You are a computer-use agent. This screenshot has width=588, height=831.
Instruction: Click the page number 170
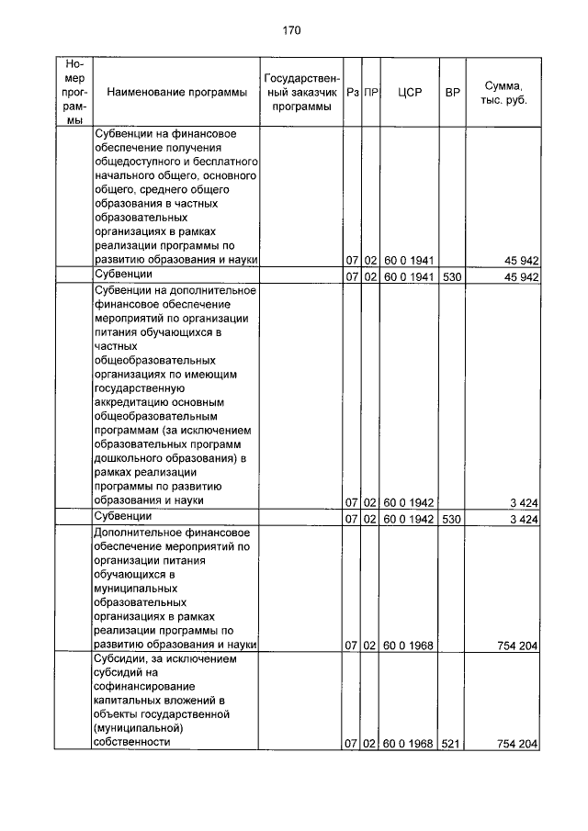(x=292, y=30)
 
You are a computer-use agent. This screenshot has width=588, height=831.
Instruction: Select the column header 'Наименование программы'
(x=176, y=93)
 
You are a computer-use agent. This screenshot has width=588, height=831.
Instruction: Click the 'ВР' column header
(x=452, y=93)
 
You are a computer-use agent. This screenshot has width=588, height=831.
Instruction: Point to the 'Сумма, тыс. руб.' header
(x=503, y=93)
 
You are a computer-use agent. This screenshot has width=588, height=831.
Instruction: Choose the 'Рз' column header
(x=353, y=93)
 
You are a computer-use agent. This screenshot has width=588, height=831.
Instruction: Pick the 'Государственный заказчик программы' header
(x=302, y=93)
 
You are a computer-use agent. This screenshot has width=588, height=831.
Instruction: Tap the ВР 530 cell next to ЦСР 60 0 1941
(x=450, y=275)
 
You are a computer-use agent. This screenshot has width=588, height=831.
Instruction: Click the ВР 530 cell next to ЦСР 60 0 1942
(x=450, y=519)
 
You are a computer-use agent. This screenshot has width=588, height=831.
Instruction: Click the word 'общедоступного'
(x=137, y=162)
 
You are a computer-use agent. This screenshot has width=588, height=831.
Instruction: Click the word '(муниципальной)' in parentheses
(x=137, y=726)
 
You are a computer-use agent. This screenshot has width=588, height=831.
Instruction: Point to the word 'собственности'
(x=132, y=741)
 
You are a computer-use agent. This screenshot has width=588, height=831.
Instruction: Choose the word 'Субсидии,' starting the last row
(x=121, y=657)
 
